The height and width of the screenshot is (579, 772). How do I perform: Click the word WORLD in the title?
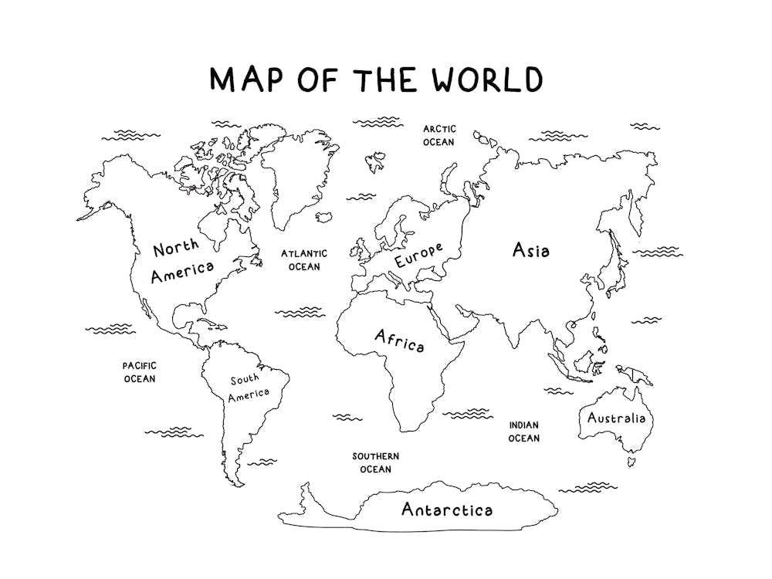[x=487, y=80]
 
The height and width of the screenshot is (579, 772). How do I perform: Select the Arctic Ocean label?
[x=438, y=135]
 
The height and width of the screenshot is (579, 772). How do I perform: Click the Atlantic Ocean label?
[x=303, y=259]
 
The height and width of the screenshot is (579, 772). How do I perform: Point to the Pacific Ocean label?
[x=140, y=372]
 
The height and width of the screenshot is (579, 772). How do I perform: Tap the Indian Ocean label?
[x=523, y=432]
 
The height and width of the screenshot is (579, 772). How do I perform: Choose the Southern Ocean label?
[x=376, y=462]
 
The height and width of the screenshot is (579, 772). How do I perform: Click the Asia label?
[x=531, y=250]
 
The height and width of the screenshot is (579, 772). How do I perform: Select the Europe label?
[x=418, y=256]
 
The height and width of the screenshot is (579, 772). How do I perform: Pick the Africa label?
[x=399, y=340]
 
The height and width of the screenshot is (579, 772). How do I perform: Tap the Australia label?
[x=615, y=418]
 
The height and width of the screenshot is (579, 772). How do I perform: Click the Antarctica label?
[x=446, y=510]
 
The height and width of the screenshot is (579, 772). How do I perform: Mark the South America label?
[x=249, y=387]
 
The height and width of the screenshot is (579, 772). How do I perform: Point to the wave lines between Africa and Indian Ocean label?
[x=466, y=414]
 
